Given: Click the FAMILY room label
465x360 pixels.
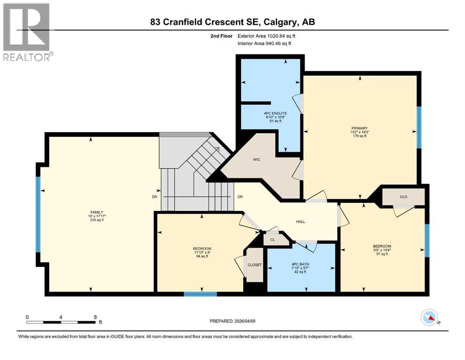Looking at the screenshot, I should click(97, 212).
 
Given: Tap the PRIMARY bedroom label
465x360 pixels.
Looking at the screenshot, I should click(360, 128).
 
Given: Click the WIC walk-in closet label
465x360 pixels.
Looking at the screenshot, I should click(256, 160).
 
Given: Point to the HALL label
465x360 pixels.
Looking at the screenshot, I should click(300, 222).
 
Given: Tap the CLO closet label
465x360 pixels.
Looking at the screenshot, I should click(404, 197).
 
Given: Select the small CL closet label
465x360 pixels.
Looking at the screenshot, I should click(272, 239).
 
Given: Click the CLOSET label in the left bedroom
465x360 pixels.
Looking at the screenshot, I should click(254, 265).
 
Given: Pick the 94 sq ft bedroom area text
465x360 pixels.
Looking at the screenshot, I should click(202, 257).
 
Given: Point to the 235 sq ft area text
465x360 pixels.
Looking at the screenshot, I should click(97, 220).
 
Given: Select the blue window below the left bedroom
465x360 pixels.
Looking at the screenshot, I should click(200, 294).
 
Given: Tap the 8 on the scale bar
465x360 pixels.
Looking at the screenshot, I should click(96, 317).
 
